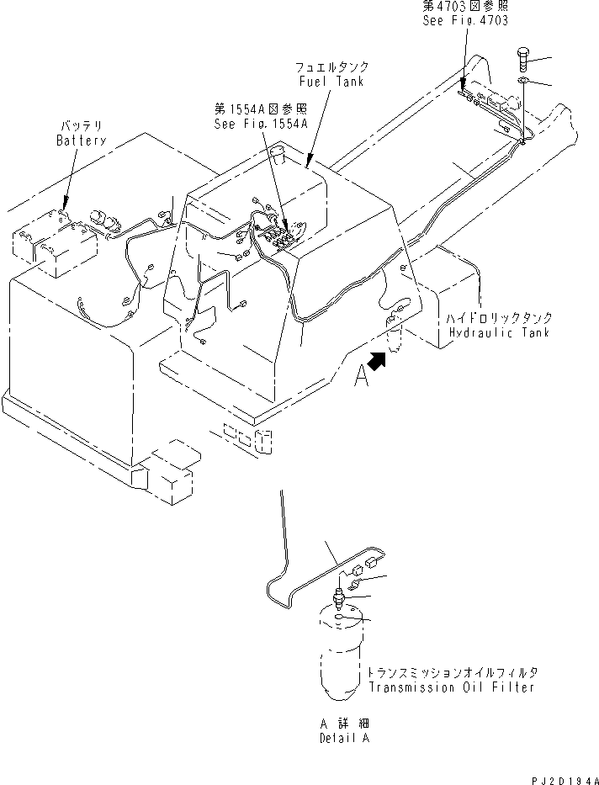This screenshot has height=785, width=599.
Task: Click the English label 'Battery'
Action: point(81,141)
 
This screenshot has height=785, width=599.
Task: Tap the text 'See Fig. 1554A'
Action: point(260,122)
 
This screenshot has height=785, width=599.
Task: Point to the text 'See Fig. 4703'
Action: point(465,19)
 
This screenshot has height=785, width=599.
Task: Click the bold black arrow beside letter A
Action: point(379,361)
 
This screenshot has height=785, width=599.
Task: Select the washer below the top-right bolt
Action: point(522,81)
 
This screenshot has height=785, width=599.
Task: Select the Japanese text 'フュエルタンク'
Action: point(331,66)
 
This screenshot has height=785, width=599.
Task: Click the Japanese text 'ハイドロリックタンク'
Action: point(499,319)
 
